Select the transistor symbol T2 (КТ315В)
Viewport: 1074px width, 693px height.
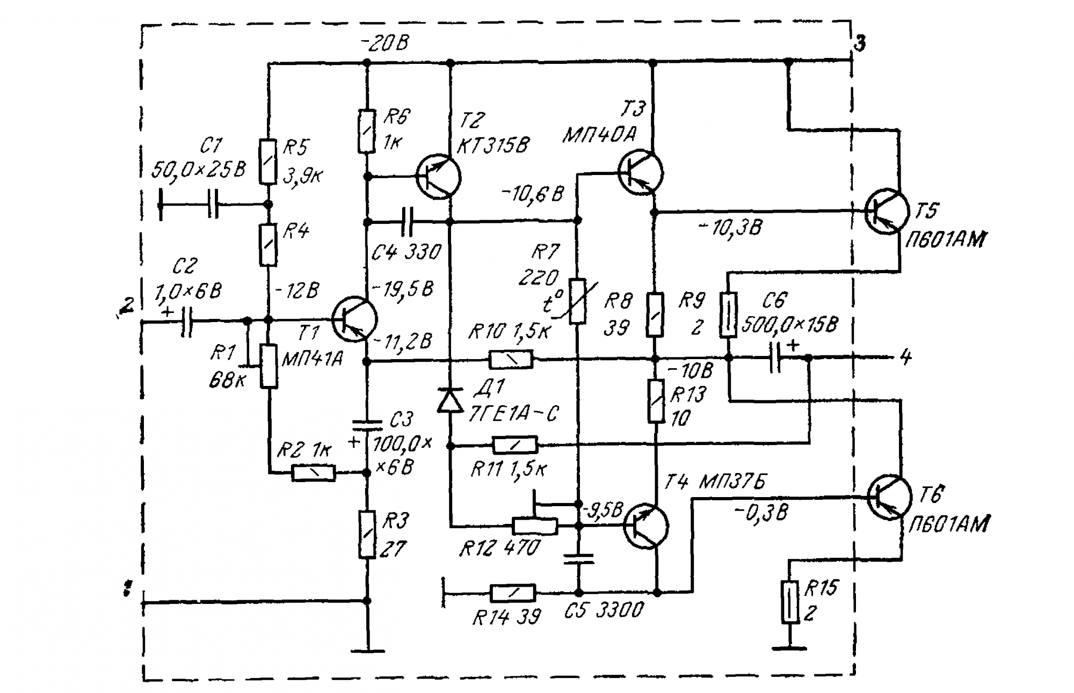tap(439, 176)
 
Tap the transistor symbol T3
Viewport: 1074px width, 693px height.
tap(641, 172)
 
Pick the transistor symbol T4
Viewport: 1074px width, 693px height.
tap(646, 526)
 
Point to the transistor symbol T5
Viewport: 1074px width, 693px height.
tap(887, 211)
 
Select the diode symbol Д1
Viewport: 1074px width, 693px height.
tap(450, 400)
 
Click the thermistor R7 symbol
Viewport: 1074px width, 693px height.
tap(578, 301)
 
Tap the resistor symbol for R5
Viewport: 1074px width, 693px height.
tap(268, 162)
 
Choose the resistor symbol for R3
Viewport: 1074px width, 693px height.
tap(367, 535)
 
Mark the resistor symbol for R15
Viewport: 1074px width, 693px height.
tap(789, 602)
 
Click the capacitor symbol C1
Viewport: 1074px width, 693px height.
tap(213, 204)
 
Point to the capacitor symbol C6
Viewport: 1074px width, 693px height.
tap(775, 358)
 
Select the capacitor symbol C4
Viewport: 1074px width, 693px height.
tap(408, 221)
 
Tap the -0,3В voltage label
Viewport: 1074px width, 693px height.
tap(761, 514)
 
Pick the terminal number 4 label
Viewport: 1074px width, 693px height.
tap(905, 357)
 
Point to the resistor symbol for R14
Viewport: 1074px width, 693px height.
tap(513, 593)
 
